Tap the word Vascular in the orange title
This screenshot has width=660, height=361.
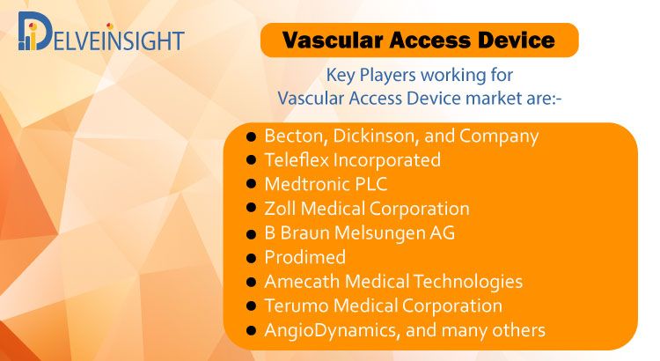click(332, 41)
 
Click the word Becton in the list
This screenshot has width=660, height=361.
click(296, 136)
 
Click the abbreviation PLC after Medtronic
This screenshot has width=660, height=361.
click(370, 185)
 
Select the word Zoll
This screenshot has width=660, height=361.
click(280, 209)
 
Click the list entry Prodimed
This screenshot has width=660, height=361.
click(304, 257)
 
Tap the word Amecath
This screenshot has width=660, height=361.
click(302, 282)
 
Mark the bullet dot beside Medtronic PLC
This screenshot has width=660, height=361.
click(252, 184)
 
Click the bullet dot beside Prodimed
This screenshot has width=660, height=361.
click(252, 257)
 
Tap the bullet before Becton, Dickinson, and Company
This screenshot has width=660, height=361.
click(252, 136)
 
